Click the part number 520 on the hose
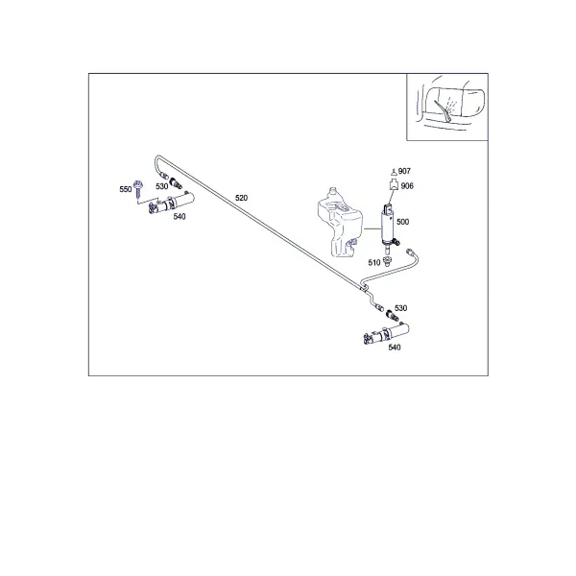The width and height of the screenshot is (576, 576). [241, 198]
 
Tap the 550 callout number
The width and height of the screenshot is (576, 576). [125, 189]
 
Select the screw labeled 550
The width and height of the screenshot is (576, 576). [138, 189]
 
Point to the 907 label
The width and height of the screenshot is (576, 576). [404, 171]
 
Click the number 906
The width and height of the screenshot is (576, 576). [407, 186]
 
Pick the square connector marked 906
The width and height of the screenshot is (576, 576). [394, 184]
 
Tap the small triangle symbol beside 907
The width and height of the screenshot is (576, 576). [394, 172]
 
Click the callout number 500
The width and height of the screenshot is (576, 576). [402, 222]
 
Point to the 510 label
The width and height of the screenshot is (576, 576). [374, 263]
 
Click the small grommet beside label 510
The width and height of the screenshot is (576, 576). [387, 261]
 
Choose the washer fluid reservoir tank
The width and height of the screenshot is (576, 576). [339, 223]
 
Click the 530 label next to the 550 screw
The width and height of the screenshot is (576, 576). [161, 186]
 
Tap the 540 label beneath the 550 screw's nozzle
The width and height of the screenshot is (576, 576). [180, 217]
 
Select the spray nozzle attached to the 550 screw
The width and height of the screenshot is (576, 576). [171, 204]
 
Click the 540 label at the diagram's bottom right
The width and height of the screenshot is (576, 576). [395, 348]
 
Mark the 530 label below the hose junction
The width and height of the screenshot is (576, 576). [400, 308]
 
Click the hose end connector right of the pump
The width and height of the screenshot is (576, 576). [410, 252]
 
